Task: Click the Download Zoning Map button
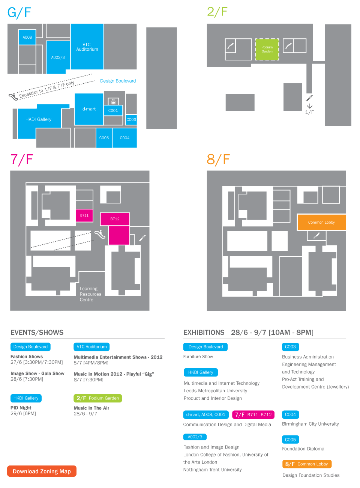tap(42, 471)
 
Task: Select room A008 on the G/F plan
tap(27, 37)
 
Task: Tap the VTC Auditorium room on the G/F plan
tap(87, 47)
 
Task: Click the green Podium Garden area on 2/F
tap(267, 49)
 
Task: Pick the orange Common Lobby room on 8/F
tap(321, 222)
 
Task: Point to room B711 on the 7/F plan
tap(84, 215)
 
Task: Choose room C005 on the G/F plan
tap(104, 138)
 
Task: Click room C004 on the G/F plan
tap(124, 138)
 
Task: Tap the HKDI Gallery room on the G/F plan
tap(38, 119)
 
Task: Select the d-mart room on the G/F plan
tap(89, 109)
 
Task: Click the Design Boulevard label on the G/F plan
tap(118, 81)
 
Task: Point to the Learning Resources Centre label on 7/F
tap(90, 294)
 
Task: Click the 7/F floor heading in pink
tap(22, 160)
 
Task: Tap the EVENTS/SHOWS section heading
tap(37, 332)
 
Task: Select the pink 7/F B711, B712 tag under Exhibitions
tap(253, 414)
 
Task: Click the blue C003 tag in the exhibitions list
tap(290, 347)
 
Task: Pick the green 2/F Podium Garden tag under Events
tap(97, 398)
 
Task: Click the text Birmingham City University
tap(310, 424)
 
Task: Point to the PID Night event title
tap(21, 408)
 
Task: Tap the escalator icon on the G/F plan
tap(13, 96)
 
